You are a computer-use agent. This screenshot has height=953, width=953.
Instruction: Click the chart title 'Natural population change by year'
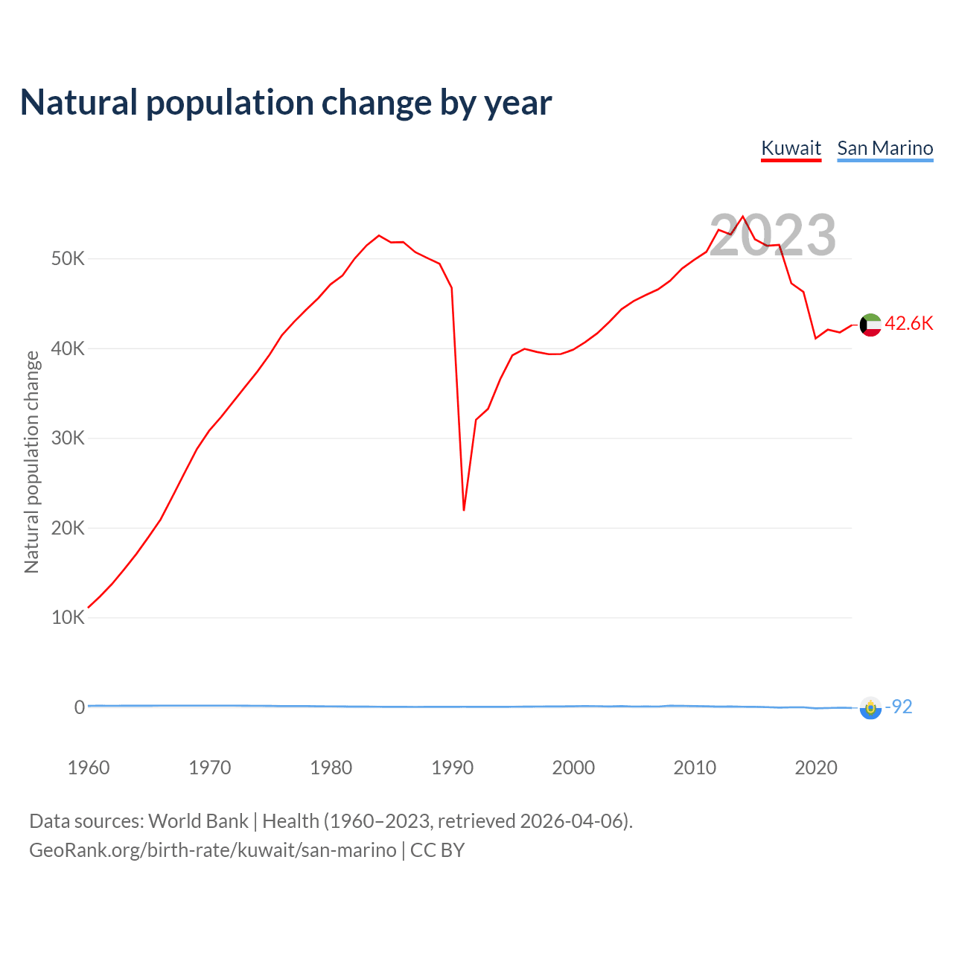pos(286,103)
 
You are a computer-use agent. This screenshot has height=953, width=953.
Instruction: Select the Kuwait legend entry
pos(791,148)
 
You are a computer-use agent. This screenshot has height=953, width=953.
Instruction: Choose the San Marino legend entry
pos(885,148)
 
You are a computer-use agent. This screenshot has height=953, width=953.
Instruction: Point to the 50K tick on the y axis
pos(68,259)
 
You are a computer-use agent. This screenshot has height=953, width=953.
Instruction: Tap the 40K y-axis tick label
pos(68,348)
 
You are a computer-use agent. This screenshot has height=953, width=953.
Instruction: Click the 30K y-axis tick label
pos(68,439)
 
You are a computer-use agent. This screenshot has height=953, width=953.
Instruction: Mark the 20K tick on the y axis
pos(68,528)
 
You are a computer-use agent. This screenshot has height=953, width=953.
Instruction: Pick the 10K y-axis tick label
pos(68,618)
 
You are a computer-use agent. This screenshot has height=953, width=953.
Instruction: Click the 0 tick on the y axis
pos(80,707)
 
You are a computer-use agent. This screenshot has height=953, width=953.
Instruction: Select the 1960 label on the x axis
pos(89,768)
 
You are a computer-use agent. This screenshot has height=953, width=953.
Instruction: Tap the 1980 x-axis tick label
pos(331,768)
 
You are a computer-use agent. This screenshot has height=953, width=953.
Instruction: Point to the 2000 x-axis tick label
pos(573,768)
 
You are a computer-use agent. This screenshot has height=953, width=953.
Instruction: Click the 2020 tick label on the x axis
pos(816,768)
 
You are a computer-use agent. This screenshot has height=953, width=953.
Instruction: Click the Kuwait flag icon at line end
pos(870,325)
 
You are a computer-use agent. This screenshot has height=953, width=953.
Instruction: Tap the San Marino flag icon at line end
pos(870,708)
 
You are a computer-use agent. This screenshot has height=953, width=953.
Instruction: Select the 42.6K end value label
pos(909,323)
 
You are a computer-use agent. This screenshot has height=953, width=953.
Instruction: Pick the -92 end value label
pos(899,707)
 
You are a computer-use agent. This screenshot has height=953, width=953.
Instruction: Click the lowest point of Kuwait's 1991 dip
pos(464,510)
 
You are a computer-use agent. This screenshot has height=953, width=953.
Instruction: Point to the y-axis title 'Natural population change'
pos(32,462)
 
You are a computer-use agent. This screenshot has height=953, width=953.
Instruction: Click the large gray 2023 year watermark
pos(773,235)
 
